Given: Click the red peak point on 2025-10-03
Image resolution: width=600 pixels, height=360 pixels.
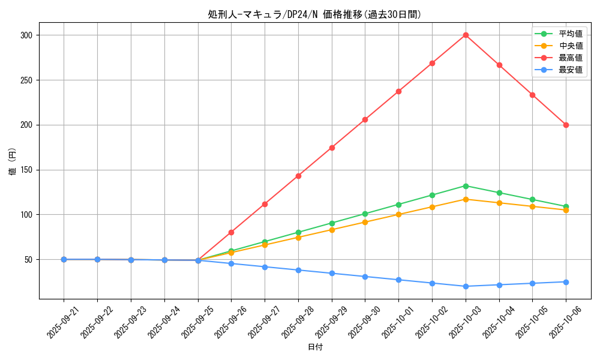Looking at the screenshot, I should (466, 35).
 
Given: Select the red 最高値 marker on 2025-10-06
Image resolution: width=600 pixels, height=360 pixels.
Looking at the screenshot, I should (566, 125).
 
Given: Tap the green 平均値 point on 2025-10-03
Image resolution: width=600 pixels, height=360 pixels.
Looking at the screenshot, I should (466, 186).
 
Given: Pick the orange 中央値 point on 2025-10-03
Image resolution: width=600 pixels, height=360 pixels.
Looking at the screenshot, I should (466, 199).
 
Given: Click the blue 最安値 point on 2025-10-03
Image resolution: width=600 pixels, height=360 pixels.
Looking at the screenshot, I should (466, 286).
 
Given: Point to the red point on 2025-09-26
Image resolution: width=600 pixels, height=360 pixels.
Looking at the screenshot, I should (231, 232).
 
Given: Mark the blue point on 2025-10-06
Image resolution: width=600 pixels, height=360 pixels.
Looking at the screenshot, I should (566, 282).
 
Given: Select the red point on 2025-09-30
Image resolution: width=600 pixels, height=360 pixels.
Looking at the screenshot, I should (365, 119).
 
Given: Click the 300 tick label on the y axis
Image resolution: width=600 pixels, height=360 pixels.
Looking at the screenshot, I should (26, 35).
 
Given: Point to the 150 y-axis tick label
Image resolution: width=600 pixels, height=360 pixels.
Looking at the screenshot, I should (26, 170).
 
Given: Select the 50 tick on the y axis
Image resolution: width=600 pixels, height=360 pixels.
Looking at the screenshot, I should (28, 260).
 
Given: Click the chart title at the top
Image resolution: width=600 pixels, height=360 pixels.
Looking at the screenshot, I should (314, 14).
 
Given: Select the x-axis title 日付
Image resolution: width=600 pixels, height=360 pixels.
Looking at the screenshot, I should (315, 347).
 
